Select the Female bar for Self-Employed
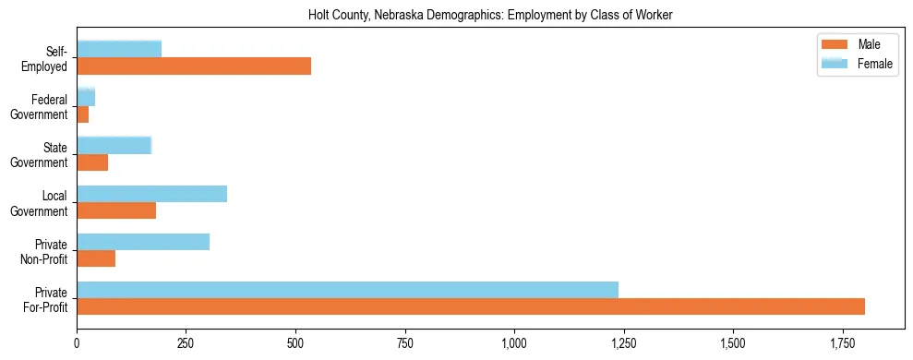(x=128, y=49)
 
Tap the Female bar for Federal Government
(x=86, y=98)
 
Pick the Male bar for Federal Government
(x=83, y=114)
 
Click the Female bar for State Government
(x=114, y=146)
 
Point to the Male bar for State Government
(x=92, y=162)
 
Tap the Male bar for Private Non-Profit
(x=96, y=258)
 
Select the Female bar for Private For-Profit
(x=348, y=290)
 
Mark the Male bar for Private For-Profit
(x=471, y=306)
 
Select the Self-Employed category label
(x=50, y=58)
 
